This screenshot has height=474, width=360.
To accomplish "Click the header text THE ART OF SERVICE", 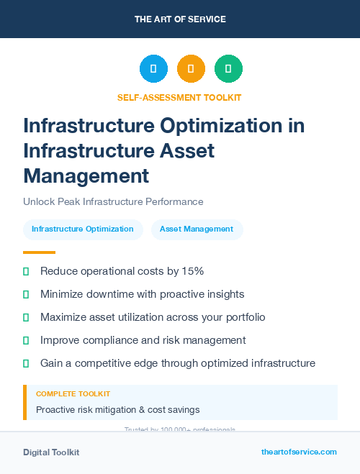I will coord(180,19).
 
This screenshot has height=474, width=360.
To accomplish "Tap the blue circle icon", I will coord(153,68).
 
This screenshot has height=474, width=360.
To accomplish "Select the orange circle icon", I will coord(191,68).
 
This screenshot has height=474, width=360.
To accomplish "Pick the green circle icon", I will coord(228,68).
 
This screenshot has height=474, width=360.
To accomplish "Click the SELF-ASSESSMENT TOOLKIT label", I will coord(179,97).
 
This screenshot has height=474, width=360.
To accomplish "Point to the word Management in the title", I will coord(86,175).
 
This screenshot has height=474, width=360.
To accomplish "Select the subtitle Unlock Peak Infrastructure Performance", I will coord(113,202).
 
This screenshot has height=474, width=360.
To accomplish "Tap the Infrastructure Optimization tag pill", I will coord(83,229).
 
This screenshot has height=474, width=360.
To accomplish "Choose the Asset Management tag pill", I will coord(197,229).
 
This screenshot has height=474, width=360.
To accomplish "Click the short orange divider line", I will coord(39,252).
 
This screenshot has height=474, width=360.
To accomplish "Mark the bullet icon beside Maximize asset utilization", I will coord(26,317).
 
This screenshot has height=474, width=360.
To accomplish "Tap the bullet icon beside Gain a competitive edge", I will coord(26,363).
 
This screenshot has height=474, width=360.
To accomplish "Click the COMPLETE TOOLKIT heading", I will coord(73,394).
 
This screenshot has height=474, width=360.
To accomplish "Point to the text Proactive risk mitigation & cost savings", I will coord(118,410).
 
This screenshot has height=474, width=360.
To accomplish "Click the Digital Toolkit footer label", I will coord(51,452).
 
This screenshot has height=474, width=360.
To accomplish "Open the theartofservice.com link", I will coord(299,452).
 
